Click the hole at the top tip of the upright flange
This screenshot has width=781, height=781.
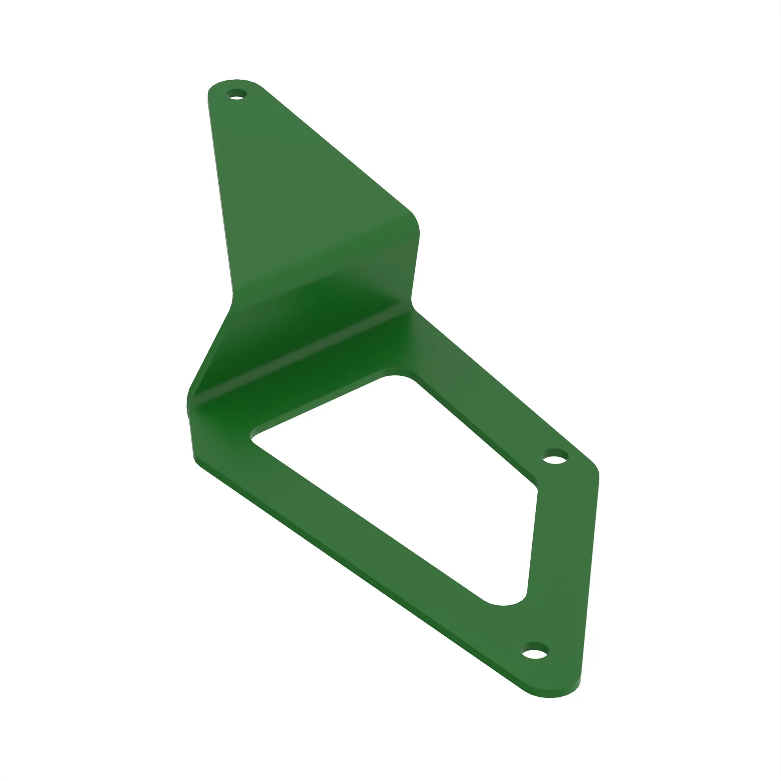(237, 95)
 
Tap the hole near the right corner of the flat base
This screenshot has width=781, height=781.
(555, 459)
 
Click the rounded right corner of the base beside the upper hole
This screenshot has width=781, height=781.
(593, 469)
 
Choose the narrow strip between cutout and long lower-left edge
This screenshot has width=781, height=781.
(344, 538)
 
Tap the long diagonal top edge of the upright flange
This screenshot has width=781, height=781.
(335, 150)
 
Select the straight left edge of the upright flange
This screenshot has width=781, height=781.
(220, 194)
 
